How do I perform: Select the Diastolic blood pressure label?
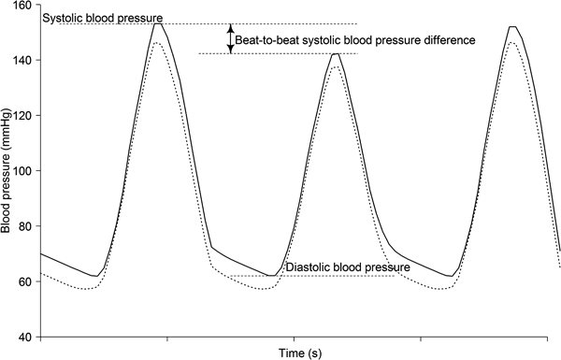[x=348, y=268]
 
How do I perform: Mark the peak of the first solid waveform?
[x=159, y=24]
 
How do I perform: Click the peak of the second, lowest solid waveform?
[x=335, y=54]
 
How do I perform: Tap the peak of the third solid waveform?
[x=512, y=27]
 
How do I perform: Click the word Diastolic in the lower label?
[x=309, y=268]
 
